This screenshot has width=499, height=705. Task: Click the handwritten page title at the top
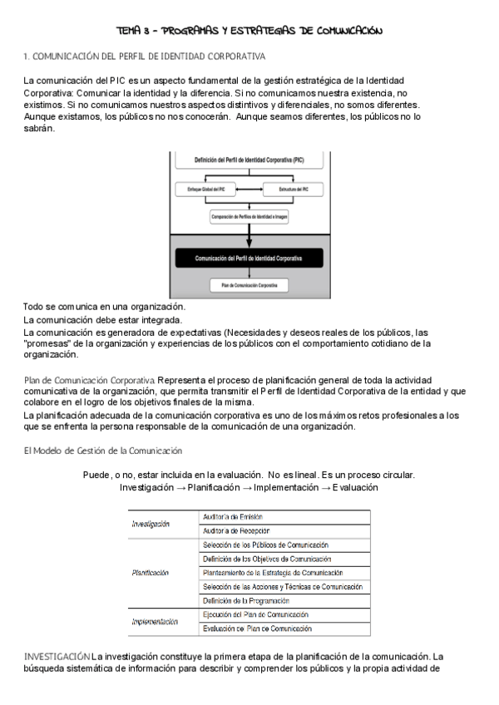(249, 31)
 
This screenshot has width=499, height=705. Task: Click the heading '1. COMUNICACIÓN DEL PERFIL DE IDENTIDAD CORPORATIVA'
(145, 57)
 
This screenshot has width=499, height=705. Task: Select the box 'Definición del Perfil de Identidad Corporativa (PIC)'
(249, 159)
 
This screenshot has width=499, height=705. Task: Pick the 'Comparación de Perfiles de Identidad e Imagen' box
(249, 217)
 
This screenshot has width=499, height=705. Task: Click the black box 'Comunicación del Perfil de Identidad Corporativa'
(249, 259)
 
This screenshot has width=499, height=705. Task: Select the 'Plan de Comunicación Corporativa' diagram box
(249, 285)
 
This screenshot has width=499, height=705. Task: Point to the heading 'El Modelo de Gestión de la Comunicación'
(103, 451)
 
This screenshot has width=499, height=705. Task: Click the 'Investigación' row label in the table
(151, 524)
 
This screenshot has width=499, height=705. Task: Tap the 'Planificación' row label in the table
(151, 573)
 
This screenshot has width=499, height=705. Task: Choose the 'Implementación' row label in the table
(156, 621)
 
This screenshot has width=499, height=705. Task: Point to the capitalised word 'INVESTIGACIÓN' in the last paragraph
(57, 658)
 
